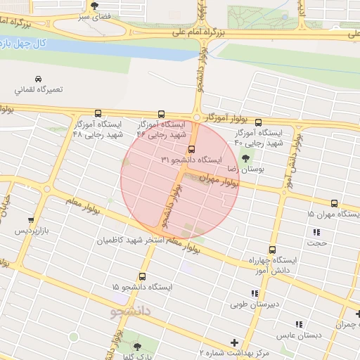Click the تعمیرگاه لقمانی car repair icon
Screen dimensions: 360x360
37,79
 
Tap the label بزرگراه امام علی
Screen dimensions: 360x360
245,32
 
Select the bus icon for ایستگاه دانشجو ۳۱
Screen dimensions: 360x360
191,149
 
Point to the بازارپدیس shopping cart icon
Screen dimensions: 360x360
30,219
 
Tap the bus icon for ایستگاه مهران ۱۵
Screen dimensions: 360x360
334,203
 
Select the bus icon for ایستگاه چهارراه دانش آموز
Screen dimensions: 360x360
272,250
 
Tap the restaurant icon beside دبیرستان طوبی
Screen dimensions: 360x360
254,292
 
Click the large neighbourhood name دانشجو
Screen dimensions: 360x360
131,310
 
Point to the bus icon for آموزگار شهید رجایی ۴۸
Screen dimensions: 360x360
97,113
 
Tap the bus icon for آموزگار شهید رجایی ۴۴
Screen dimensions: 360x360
162,113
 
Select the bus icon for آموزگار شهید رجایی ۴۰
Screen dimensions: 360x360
258,122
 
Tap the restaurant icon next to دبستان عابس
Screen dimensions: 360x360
299,324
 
